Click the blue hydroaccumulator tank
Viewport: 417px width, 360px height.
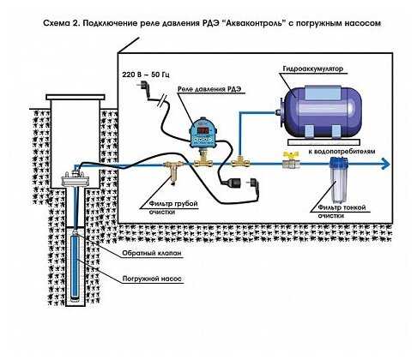pyautogui.click(x=320, y=111)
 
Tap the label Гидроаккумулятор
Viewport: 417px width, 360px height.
pyautogui.click(x=313, y=69)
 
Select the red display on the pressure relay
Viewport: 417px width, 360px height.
pyautogui.click(x=203, y=130)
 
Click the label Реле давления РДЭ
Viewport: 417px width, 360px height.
pyautogui.click(x=209, y=89)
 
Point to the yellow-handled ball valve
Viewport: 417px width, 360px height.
pyautogui.click(x=291, y=160)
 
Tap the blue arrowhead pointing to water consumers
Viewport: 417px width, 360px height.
pyautogui.click(x=385, y=165)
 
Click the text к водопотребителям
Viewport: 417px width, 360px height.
pyautogui.click(x=341, y=151)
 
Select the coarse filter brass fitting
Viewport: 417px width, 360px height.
pyautogui.click(x=172, y=171)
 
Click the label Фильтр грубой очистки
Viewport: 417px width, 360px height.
pyautogui.click(x=173, y=207)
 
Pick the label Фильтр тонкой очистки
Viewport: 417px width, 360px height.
pyautogui.click(x=341, y=212)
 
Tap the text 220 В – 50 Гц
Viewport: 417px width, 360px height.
pyautogui.click(x=146, y=75)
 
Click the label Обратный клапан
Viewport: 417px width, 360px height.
pyautogui.click(x=152, y=253)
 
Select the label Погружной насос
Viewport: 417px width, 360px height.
pyautogui.click(x=152, y=279)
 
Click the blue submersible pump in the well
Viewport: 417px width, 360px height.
pyautogui.click(x=76, y=266)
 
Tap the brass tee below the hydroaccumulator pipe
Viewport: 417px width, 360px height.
pyautogui.click(x=240, y=163)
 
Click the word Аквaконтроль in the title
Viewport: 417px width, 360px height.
pyautogui.click(x=254, y=23)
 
